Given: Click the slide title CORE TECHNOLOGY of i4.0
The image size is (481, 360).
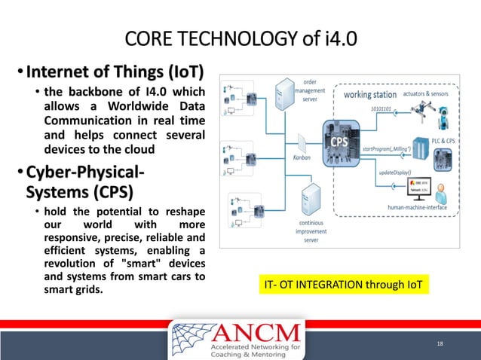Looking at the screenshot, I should click(240, 38).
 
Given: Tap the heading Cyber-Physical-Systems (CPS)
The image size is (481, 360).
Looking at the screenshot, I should click(83, 174).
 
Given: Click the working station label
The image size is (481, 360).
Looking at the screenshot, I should click(370, 95).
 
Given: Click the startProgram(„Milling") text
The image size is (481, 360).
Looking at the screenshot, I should click(391, 151).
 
